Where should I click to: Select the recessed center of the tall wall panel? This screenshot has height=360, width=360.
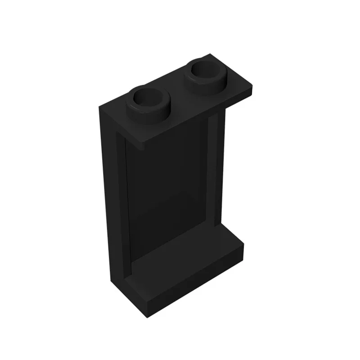click(x=171, y=189)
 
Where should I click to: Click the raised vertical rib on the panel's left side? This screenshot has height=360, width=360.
click(x=122, y=202)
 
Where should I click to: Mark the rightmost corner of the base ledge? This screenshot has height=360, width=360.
click(x=243, y=245)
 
